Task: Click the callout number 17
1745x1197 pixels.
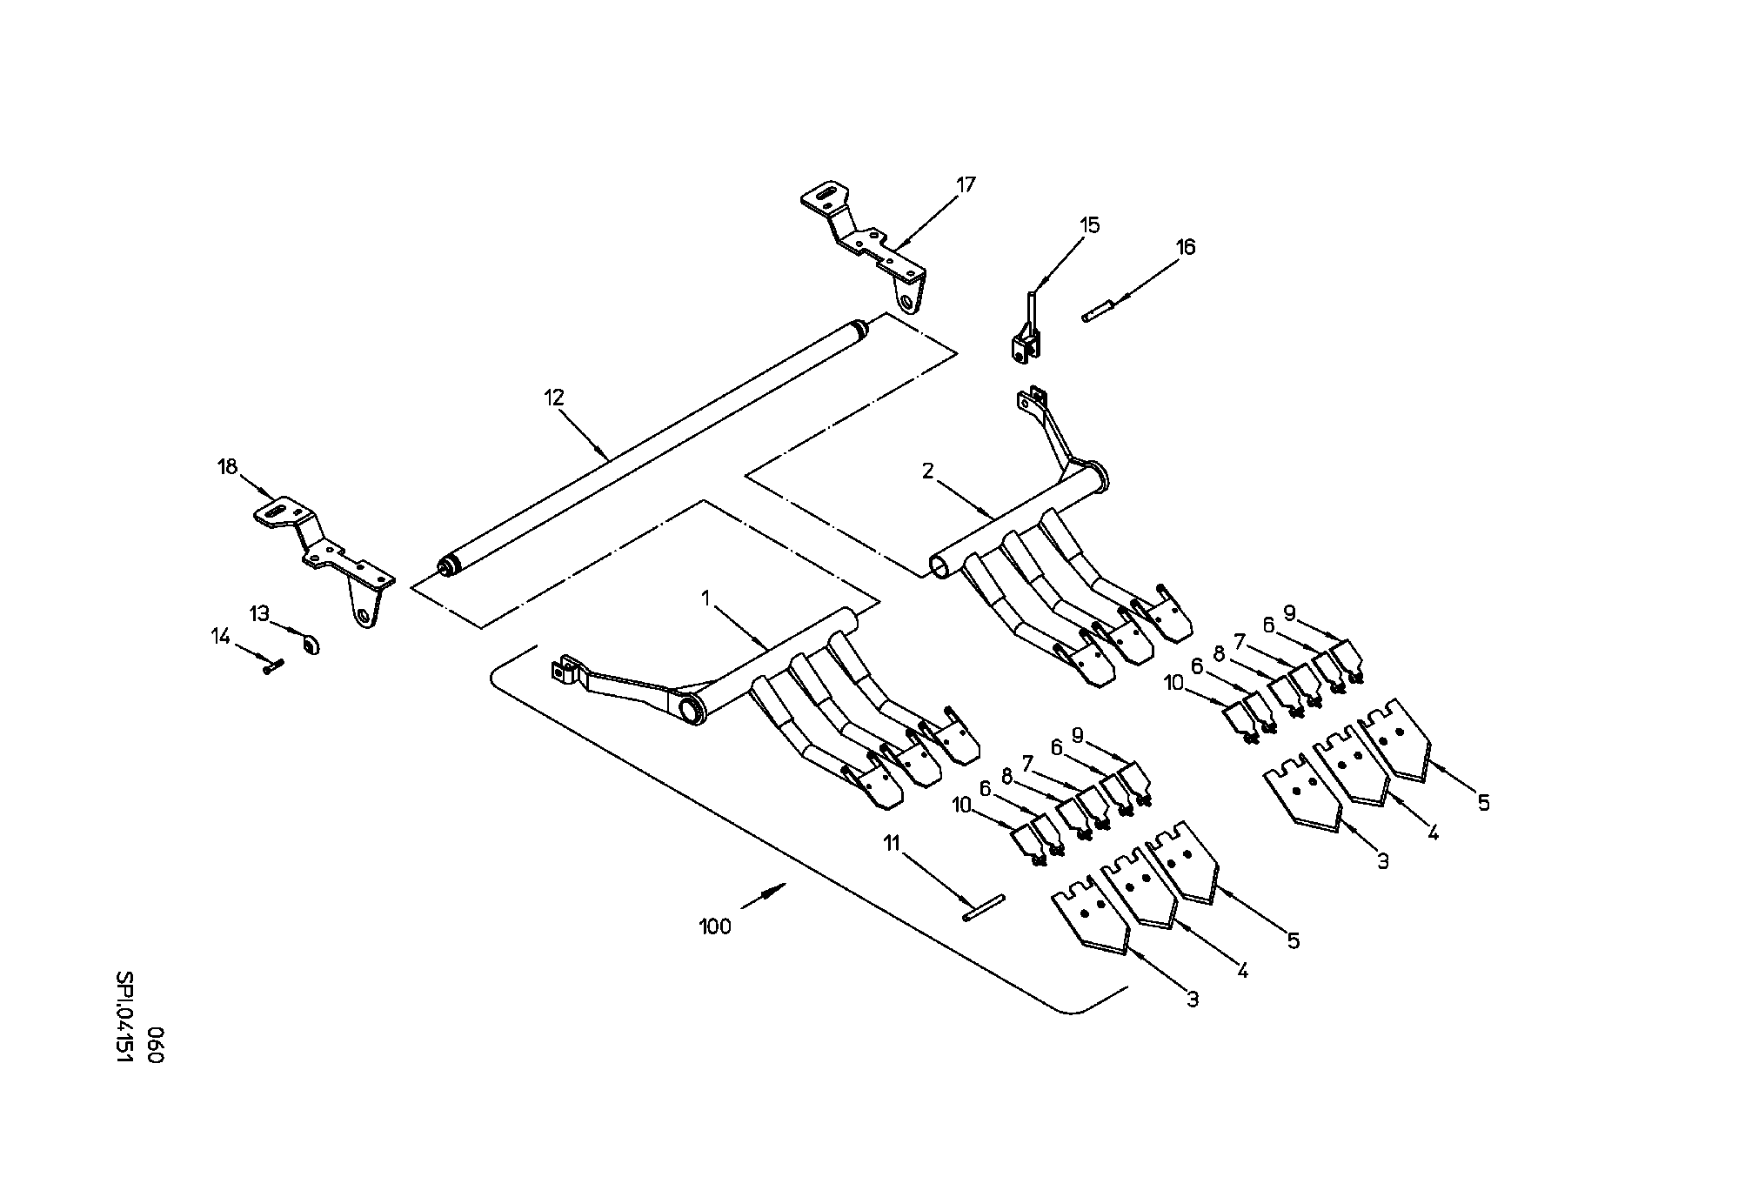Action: (966, 184)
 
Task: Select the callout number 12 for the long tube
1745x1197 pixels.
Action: (554, 398)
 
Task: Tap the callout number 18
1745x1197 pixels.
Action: (227, 467)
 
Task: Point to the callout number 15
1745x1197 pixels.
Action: (1090, 225)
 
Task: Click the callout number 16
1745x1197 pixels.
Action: (1187, 247)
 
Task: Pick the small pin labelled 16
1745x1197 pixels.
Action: (1099, 311)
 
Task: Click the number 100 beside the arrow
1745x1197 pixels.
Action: (716, 927)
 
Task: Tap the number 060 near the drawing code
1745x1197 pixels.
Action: (155, 1044)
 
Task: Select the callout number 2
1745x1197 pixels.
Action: (928, 471)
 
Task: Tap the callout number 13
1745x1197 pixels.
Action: (260, 613)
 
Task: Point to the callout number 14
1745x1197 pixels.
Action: (221, 637)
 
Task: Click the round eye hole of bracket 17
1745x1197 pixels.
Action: (909, 304)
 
